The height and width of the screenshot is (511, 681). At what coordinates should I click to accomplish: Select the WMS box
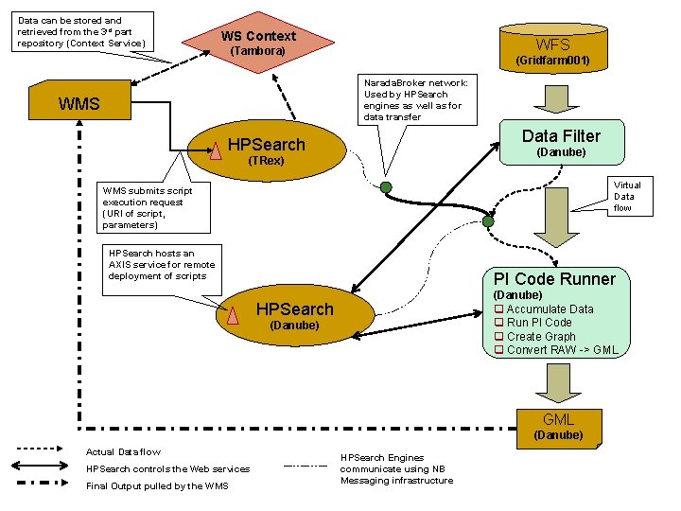point(79,103)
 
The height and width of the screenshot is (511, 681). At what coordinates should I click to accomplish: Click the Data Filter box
point(561,141)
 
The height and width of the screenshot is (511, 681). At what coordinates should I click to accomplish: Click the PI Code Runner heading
point(554,278)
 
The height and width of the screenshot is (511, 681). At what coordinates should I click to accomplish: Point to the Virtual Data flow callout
point(627,197)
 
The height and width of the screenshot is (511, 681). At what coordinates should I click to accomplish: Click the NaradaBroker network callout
point(415,99)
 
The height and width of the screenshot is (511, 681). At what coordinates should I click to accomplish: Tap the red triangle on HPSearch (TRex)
point(218,149)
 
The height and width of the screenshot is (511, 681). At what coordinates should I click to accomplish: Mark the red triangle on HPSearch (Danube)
point(231,315)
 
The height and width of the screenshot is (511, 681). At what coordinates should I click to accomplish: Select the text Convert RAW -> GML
point(562,350)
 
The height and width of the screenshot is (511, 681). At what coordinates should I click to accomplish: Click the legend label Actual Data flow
point(123,451)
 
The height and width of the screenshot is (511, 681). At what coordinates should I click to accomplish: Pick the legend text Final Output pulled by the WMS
point(156,485)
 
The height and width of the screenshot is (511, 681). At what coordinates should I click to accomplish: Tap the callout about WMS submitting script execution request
point(148,207)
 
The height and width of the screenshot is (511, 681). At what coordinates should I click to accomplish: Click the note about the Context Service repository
point(81,32)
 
